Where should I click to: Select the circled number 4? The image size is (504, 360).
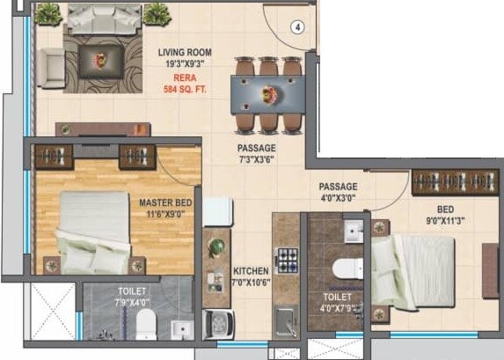tap(298, 26)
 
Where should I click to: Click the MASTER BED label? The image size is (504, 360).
tap(165, 202)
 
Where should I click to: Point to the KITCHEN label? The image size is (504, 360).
tap(250, 271)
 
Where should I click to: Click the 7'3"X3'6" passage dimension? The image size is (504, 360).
tap(256, 160)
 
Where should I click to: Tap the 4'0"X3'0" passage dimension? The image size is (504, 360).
tap(338, 199)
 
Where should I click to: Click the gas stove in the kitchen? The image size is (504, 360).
tap(288, 258)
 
